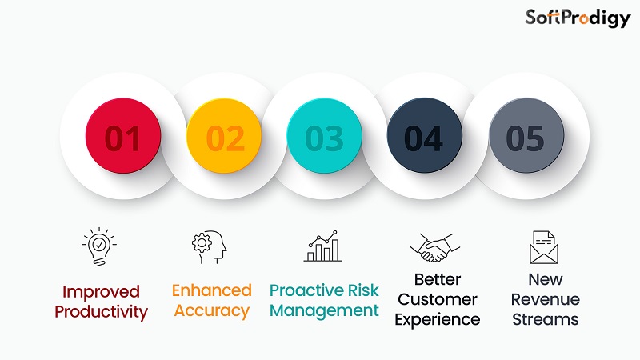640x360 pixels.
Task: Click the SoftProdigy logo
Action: point(577,18)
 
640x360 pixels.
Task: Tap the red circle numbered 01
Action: point(123,138)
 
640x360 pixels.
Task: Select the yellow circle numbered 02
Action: point(224,138)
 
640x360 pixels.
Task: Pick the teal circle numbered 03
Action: point(324,138)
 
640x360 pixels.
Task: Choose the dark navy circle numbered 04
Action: point(424,138)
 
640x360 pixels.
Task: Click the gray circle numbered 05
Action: point(526,138)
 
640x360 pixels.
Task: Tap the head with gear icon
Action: point(210,247)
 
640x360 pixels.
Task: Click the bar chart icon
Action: point(323,247)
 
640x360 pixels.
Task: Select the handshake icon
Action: point(432,247)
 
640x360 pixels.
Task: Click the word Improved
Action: point(101,292)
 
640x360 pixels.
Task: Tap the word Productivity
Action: point(101,312)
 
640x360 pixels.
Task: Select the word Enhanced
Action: point(212,290)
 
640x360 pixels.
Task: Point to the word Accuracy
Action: point(212,310)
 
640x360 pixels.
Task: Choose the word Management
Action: point(324,310)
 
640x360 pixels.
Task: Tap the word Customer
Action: point(437,300)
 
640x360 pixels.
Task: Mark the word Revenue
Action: point(545,300)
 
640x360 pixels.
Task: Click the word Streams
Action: point(545,320)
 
